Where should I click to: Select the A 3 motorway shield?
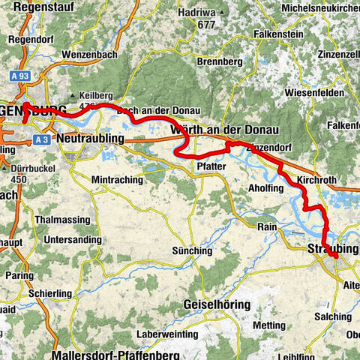click(x=43, y=139)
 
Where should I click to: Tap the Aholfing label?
click(x=265, y=189)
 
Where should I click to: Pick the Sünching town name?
click(x=192, y=250)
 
